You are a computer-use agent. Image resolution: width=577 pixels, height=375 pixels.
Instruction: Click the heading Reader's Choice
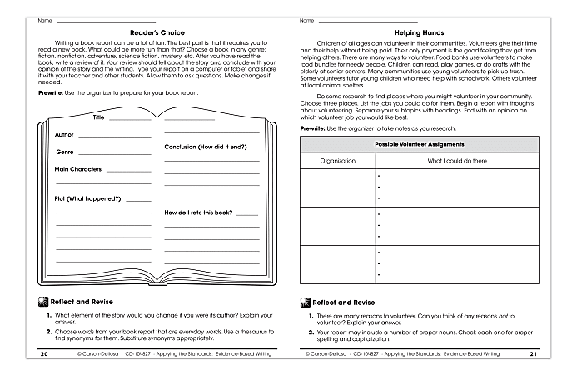coord(154,32)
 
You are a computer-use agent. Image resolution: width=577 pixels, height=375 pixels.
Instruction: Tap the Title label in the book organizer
coord(99,118)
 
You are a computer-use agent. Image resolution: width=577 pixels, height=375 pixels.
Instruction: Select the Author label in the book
coord(64,134)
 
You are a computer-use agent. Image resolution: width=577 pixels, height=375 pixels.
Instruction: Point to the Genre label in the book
coord(65,152)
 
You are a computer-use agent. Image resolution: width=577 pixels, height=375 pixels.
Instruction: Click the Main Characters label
coord(78,169)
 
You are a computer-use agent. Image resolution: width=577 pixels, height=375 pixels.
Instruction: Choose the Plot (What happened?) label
coord(88,198)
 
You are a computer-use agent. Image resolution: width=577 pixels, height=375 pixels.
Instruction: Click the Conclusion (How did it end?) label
coord(205,147)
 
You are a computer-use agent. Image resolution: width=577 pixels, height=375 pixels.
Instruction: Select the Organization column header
coord(337,160)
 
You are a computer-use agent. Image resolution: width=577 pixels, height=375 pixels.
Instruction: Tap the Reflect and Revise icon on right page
coord(304,302)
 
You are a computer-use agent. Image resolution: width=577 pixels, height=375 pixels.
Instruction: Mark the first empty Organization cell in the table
coord(337,187)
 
